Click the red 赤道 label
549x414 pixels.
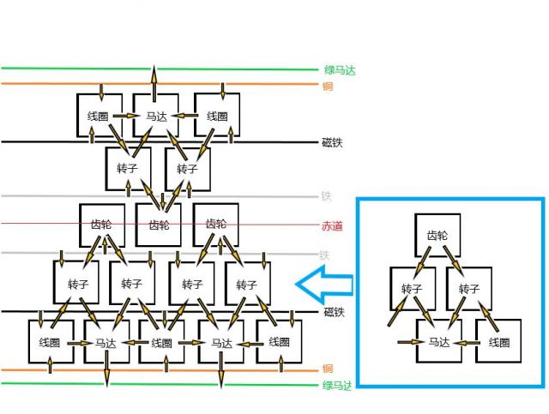(x=332, y=226)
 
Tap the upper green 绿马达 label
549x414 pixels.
(x=340, y=70)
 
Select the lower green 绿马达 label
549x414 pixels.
(x=337, y=386)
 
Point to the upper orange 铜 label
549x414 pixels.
(x=328, y=86)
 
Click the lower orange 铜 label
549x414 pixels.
(x=328, y=369)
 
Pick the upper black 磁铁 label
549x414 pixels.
(x=332, y=143)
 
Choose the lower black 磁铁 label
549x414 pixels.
(x=334, y=312)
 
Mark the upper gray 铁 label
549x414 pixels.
(x=326, y=196)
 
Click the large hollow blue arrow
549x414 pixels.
(x=324, y=284)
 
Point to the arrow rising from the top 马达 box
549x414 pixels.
(x=154, y=84)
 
